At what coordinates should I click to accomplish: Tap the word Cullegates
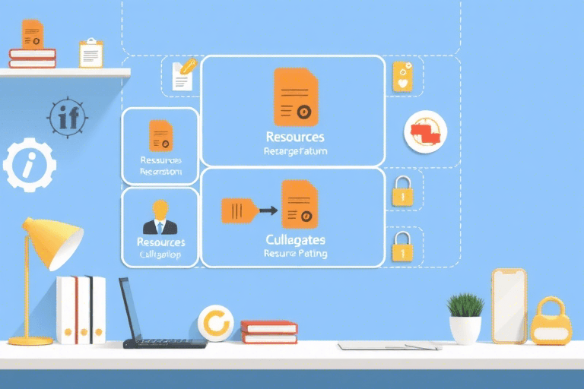pos(296,240)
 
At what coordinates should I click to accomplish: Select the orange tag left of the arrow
pos(236,210)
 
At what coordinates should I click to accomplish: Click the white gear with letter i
pos(29,164)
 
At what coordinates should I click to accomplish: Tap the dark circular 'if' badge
pos(68,118)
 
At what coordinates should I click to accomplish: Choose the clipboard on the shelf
pos(91,53)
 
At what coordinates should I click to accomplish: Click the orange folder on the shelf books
pos(33,35)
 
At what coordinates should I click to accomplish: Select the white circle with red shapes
pos(425,131)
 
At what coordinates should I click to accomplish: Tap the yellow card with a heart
pos(402,77)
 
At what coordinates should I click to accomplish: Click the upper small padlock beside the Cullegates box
pos(401,191)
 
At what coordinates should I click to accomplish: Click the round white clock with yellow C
pos(215,324)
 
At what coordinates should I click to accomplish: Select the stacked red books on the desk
pos(268,331)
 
